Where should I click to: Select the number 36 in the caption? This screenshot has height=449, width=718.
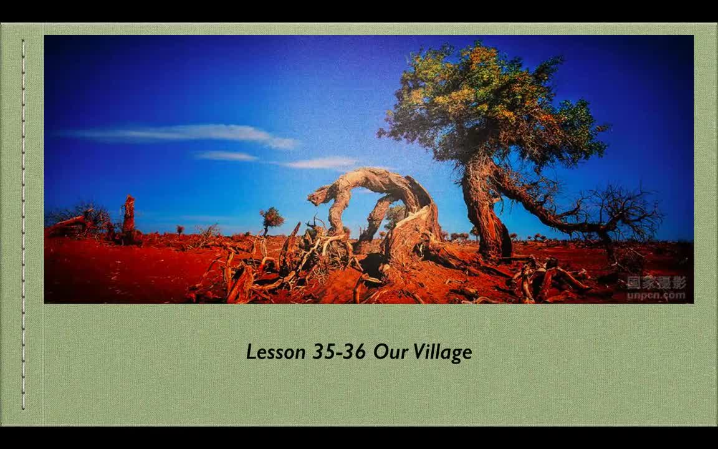(354, 352)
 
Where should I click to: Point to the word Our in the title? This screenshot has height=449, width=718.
(391, 352)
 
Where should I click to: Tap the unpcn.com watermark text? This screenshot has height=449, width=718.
(656, 296)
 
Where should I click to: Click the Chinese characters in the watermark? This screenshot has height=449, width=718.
(656, 283)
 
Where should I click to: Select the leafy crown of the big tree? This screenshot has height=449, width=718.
(492, 106)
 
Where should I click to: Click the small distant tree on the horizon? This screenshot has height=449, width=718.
(272, 218)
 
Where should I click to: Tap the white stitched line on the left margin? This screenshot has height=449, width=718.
(24, 224)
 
